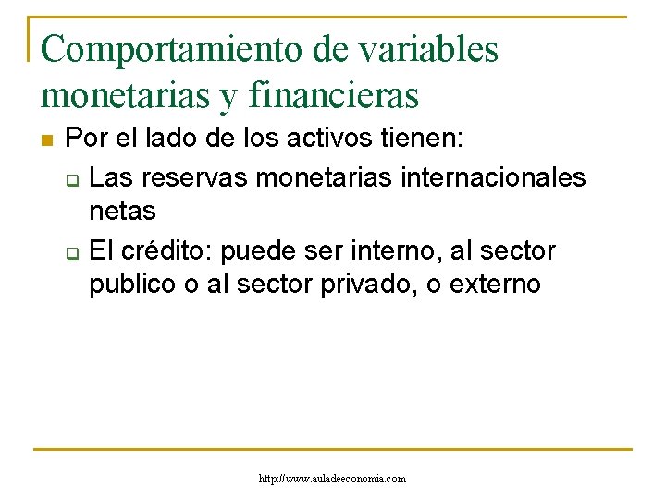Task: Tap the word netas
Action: [122, 212]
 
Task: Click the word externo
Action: [495, 285]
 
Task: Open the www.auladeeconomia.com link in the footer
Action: [333, 478]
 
